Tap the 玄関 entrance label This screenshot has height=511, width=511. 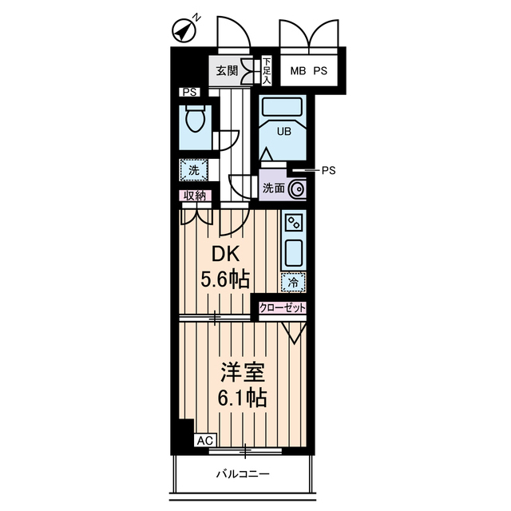pyautogui.click(x=227, y=71)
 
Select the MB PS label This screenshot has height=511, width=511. pyautogui.click(x=307, y=70)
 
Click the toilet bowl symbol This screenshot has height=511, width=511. pyautogui.click(x=194, y=122)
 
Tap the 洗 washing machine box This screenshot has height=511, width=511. pyautogui.click(x=194, y=169)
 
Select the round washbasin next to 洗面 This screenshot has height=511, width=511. pyautogui.click(x=297, y=189)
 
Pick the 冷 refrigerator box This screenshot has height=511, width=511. pyautogui.click(x=293, y=282)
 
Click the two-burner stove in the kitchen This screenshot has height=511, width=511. pyautogui.click(x=293, y=224)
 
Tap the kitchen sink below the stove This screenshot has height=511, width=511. pyautogui.click(x=293, y=254)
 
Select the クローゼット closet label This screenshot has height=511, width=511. pyautogui.click(x=282, y=307)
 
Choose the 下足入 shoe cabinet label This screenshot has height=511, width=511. pyautogui.click(x=267, y=71)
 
